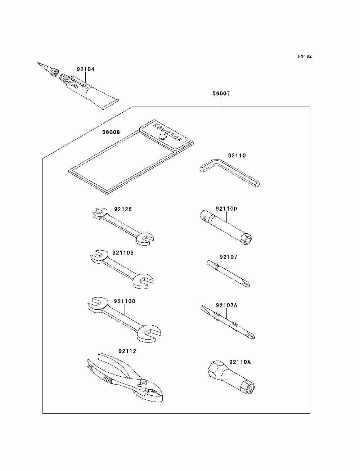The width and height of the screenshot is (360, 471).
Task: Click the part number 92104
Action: point(86,69)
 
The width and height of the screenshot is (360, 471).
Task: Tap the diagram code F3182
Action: point(305,57)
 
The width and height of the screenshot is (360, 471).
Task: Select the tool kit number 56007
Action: point(221,94)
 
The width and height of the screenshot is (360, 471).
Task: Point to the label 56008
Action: point(111,132)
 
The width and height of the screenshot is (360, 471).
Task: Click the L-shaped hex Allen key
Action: point(230,173)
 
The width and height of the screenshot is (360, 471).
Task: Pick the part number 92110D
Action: point(226,208)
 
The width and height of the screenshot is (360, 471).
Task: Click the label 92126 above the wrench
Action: point(123,209)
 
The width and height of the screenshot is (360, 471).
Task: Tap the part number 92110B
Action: point(123,253)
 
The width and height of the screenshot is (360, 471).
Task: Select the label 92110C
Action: point(125,301)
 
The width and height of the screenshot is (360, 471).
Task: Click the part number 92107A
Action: point(226,305)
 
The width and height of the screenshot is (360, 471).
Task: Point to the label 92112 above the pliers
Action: point(127,351)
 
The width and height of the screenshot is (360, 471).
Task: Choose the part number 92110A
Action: point(240,362)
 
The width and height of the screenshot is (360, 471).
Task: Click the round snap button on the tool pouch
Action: point(162,136)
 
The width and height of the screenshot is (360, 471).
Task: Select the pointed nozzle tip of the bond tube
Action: point(38,63)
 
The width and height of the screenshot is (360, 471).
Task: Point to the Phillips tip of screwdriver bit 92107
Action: point(247,284)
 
